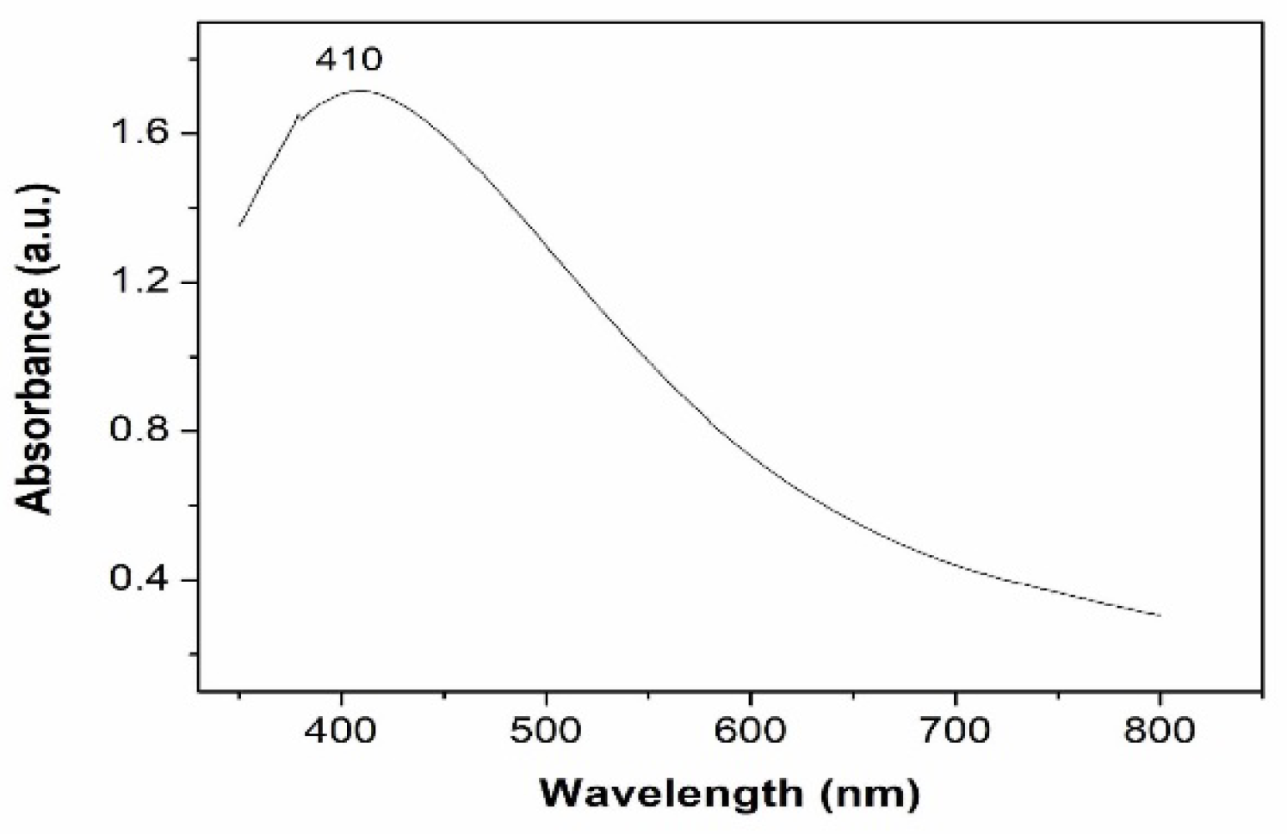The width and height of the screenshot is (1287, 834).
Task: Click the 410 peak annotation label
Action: (348, 59)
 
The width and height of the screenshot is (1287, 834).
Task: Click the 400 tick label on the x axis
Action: (343, 731)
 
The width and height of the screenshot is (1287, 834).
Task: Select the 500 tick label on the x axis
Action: (547, 731)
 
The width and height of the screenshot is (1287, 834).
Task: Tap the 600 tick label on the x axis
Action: (751, 731)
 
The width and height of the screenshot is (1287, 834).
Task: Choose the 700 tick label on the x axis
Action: (955, 731)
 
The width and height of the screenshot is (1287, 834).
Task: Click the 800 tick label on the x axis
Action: (1159, 731)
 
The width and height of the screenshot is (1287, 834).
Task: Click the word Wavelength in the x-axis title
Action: (670, 793)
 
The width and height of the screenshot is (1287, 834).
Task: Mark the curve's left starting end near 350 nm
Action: (240, 225)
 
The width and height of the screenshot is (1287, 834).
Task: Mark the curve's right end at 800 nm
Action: (1160, 615)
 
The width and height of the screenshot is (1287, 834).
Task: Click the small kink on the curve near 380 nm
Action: (300, 116)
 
